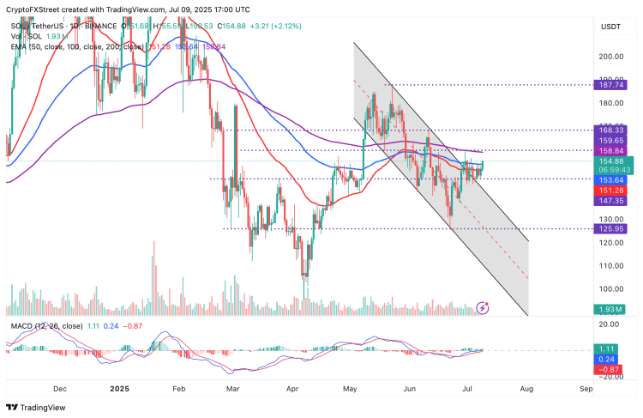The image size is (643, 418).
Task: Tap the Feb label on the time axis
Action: coord(178,388)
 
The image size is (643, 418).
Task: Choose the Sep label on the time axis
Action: coord(586,388)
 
